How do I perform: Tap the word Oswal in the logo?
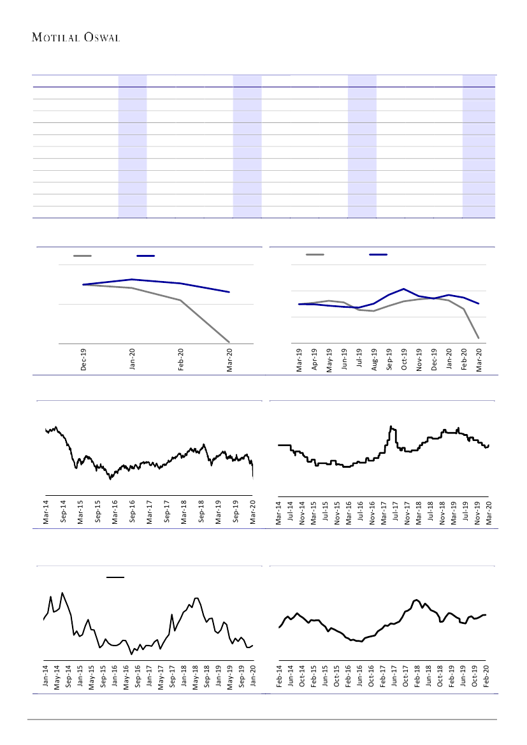click(102, 38)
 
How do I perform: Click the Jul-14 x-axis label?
click(291, 513)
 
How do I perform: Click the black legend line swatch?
click(115, 577)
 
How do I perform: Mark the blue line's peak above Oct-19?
click(404, 289)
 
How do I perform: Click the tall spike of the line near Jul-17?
click(391, 426)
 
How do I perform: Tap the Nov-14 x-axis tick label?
click(302, 513)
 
